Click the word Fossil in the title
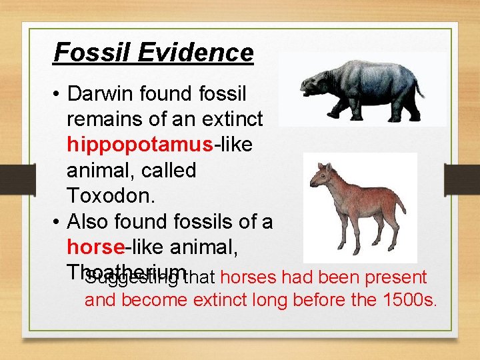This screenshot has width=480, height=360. coord(84,52)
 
